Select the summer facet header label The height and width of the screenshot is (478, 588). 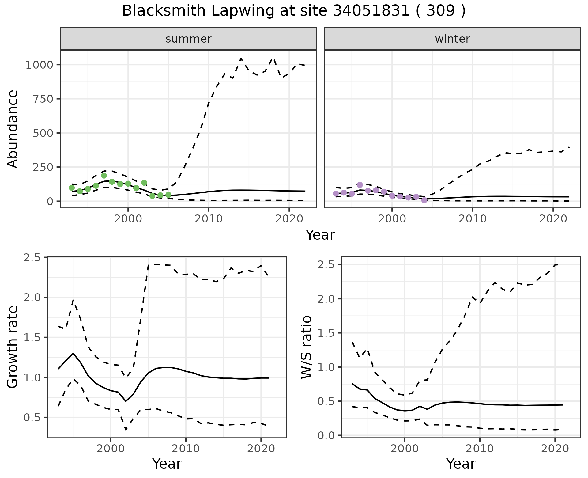coord(188,39)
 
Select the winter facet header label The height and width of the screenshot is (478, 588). coord(452,39)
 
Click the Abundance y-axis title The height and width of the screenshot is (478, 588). coord(13,129)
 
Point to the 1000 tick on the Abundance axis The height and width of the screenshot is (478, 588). coord(40,65)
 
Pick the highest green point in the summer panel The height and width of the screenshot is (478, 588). coord(104,176)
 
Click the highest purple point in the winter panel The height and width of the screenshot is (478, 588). coord(360,185)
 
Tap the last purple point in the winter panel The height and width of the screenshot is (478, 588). coord(424,200)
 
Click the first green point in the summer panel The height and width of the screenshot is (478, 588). coord(72,188)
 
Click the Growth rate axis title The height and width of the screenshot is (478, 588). coord(13,347)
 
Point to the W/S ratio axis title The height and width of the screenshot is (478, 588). coord(307,347)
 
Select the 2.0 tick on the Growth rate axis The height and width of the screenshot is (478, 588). coord(32,298)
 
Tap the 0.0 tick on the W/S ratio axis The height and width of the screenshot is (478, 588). coord(326,435)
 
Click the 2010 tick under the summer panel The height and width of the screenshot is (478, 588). coord(209,219)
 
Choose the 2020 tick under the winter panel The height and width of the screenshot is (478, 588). coord(553,219)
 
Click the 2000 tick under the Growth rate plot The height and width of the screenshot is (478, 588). coord(111,449)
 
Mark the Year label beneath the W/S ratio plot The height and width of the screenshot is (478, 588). coord(461,464)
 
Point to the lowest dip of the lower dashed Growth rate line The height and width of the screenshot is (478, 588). coord(126,430)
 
